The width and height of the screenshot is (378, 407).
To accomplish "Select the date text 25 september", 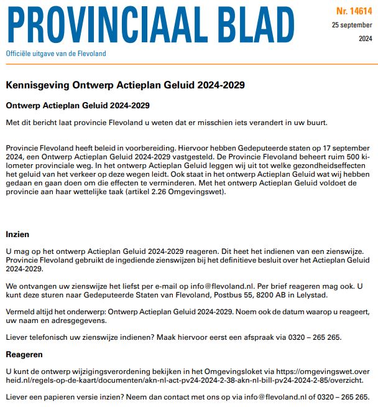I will [x=353, y=25].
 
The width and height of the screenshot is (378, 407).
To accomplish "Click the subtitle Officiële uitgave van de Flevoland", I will [x=56, y=54].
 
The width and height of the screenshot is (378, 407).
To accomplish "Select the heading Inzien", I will [x=17, y=235].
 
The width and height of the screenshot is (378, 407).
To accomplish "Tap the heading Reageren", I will [x=24, y=353].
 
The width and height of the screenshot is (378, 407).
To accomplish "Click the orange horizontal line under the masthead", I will [x=189, y=64].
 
